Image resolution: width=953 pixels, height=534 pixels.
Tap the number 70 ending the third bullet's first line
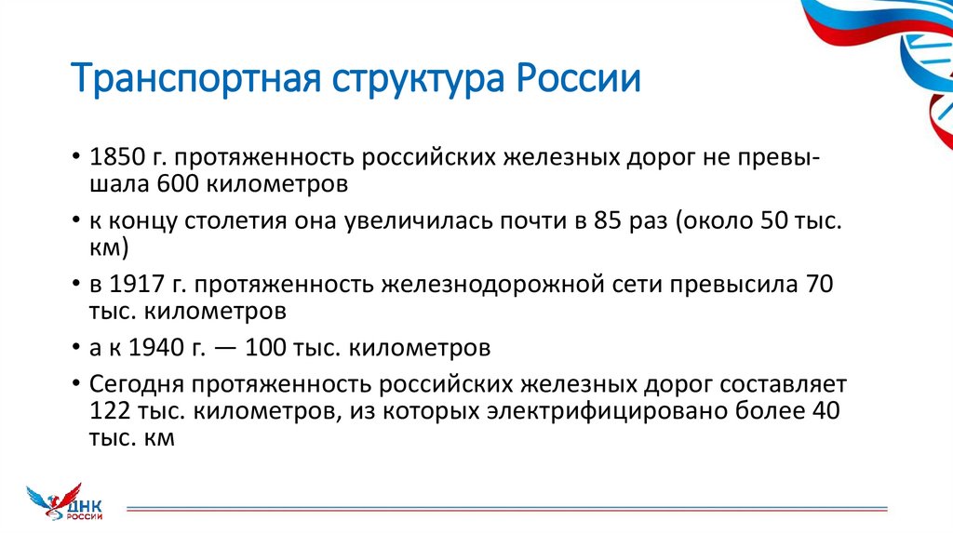click(x=818, y=284)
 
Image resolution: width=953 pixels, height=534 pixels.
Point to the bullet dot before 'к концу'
click(x=74, y=223)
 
